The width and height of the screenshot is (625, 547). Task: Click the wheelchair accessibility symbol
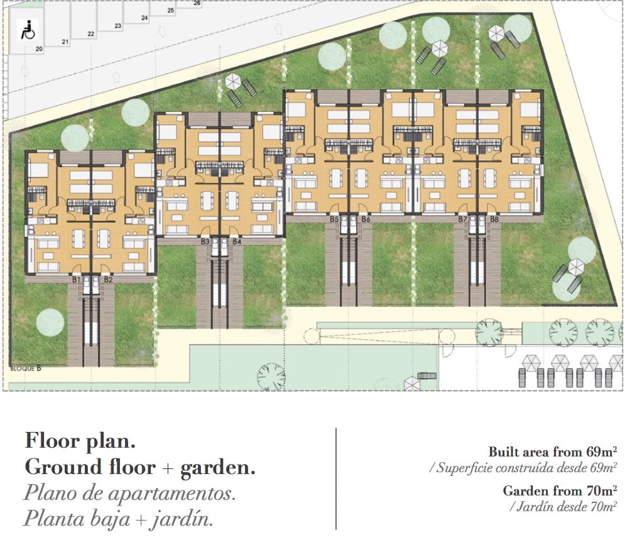28,30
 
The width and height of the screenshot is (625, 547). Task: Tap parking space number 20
39,49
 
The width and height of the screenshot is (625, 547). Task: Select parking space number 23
118,26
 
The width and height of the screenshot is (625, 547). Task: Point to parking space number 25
171,10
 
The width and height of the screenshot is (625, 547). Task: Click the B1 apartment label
77,280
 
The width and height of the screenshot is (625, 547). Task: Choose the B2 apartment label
109,280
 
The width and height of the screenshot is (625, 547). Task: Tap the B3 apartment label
205,241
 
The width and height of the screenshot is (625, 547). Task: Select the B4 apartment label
237,241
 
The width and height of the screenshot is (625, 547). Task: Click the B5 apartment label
334,219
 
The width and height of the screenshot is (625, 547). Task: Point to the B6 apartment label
366,219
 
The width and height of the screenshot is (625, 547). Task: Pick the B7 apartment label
462,219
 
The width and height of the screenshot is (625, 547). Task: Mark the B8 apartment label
494,219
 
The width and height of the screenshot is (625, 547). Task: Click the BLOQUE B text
26,368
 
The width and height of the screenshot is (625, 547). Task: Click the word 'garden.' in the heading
218,468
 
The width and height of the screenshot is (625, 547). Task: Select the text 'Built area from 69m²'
553,451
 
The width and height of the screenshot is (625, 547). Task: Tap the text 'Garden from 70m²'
560,490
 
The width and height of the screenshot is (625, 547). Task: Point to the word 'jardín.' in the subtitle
182,519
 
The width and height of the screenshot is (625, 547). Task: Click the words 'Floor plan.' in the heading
80,441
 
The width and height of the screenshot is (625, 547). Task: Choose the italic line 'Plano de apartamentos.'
130,494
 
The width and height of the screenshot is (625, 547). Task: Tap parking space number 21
65,41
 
